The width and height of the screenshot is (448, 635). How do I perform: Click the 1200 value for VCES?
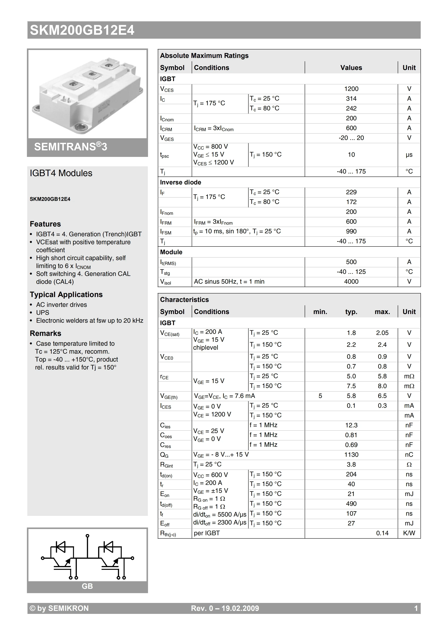click(x=351, y=89)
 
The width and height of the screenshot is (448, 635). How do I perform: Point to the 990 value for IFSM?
click(x=351, y=231)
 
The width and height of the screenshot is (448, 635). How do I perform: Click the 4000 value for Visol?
click(x=351, y=282)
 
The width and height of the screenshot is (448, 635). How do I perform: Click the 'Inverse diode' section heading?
click(x=180, y=182)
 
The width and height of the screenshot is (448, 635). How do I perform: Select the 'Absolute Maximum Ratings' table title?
click(x=204, y=56)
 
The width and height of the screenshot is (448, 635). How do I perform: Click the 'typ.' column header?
click(x=351, y=312)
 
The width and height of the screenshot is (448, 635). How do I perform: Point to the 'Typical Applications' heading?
click(x=66, y=295)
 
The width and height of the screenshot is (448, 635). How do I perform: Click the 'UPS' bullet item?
click(x=43, y=313)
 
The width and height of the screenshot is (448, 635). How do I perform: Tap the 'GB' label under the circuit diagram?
click(x=87, y=586)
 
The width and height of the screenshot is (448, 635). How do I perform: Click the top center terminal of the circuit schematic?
click(x=88, y=536)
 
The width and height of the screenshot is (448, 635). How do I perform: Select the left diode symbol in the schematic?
click(x=60, y=547)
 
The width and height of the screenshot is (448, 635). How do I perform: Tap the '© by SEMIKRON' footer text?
click(x=59, y=608)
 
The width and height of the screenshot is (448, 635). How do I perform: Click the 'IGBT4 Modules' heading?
click(x=61, y=173)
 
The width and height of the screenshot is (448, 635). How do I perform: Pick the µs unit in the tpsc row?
click(x=409, y=155)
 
